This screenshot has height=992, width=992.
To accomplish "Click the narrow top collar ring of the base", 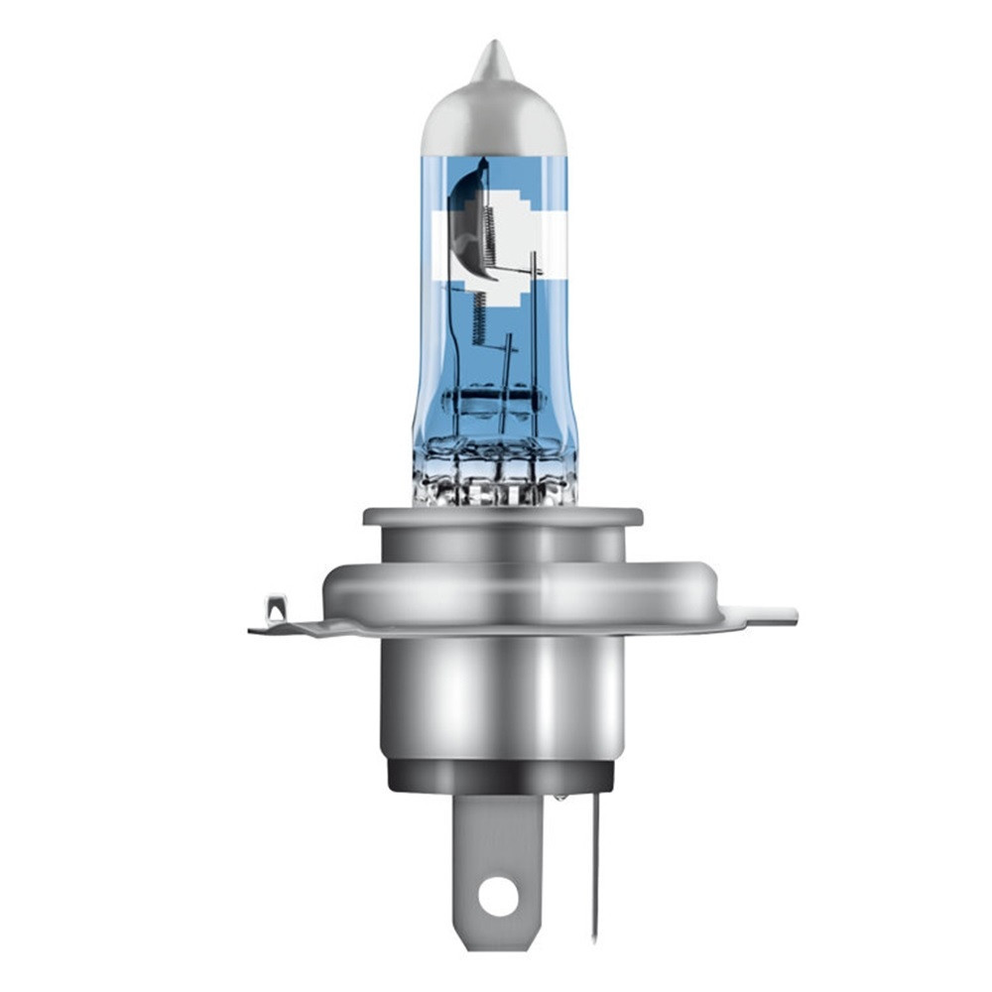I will point(502,519).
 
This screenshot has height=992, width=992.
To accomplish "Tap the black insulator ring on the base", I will point(501,776).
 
